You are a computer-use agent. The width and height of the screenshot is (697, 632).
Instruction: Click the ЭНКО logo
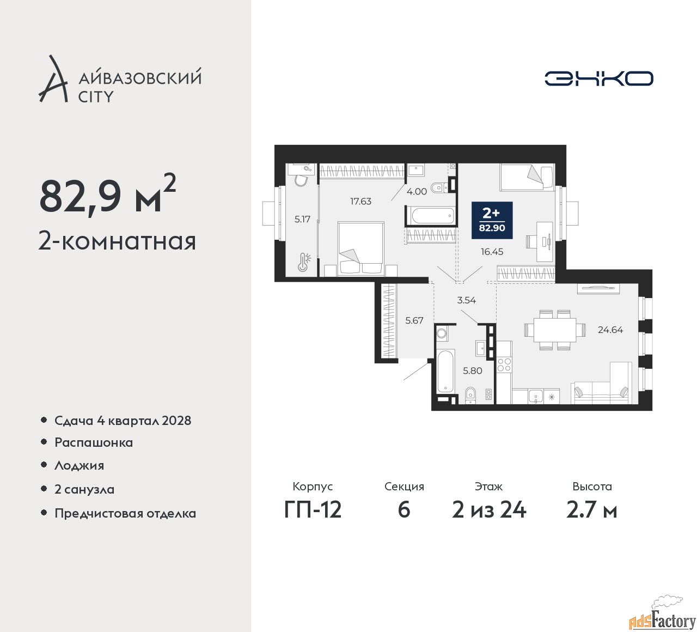pos(598,78)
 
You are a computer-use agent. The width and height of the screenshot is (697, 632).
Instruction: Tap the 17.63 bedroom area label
pos(360,201)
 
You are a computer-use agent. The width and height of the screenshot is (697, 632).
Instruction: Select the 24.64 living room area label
pos(610,330)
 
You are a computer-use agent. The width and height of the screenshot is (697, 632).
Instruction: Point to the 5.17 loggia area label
pos(302,219)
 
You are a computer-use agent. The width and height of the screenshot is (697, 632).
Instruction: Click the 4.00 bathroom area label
pos(416,192)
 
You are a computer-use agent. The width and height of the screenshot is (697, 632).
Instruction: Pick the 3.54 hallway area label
pos(466,300)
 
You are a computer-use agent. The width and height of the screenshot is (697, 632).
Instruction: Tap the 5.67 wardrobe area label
pos(414,320)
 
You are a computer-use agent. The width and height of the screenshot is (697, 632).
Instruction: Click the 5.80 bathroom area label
pos(472,370)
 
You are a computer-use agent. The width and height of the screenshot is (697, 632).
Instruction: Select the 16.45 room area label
pos(492,252)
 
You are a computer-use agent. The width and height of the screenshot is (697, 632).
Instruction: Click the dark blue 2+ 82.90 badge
pos(492,220)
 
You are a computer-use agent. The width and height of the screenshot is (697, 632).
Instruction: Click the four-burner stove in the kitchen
pos(504,364)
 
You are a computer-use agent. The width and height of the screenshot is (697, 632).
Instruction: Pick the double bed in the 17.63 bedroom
pos(360,249)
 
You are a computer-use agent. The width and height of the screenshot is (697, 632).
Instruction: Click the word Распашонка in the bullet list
pos(94,442)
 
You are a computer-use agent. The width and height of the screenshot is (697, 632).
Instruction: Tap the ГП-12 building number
pos(313,510)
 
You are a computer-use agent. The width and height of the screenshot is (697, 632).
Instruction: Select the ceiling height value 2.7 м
pos(592,510)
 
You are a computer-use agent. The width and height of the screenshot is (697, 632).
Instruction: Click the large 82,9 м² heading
pos(108,195)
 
